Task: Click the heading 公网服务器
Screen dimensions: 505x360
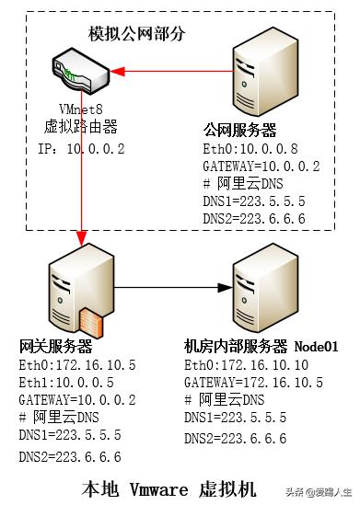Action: pos(239,130)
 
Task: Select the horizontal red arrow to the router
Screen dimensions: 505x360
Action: pos(170,71)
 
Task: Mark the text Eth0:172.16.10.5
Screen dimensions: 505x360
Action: pos(77,365)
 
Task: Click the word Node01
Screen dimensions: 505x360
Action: pos(317,348)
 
